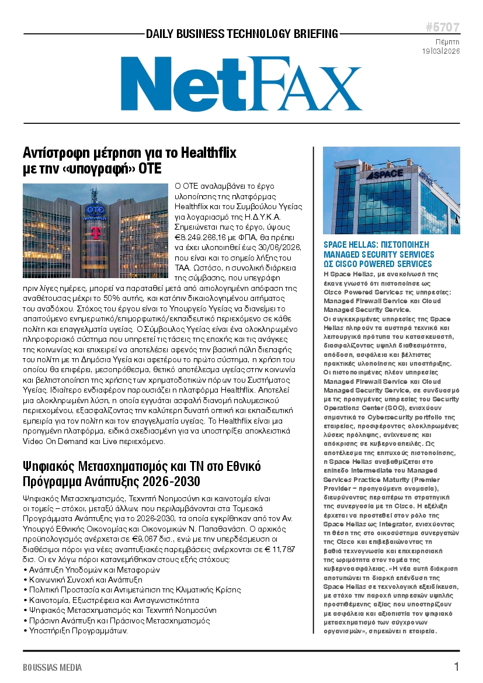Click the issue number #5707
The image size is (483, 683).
click(442, 27)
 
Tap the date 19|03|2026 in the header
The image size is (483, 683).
click(441, 51)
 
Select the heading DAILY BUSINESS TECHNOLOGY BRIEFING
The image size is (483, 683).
click(242, 34)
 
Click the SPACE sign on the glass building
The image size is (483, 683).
click(385, 174)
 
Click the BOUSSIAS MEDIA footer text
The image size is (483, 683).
click(53, 667)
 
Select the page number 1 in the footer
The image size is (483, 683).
click(456, 667)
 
